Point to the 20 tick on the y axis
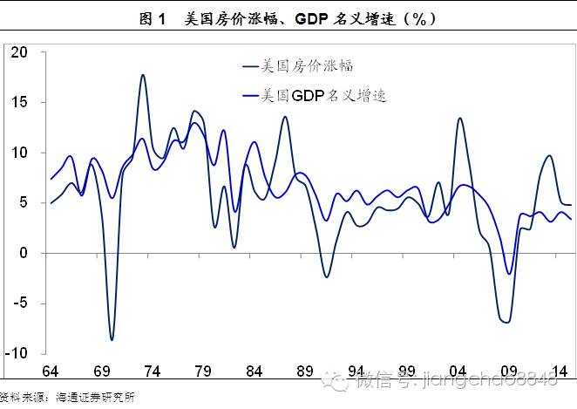click(20, 52)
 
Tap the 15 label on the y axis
click(20, 103)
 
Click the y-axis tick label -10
click(17, 354)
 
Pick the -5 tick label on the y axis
click(20, 304)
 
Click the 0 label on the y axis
click(25, 254)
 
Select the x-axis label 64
click(51, 372)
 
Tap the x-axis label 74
click(152, 372)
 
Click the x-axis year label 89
click(305, 372)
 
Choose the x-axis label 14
click(560, 372)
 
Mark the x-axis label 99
click(407, 372)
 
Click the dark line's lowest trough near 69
click(112, 339)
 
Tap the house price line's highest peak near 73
click(142, 75)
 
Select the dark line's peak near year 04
click(459, 118)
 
